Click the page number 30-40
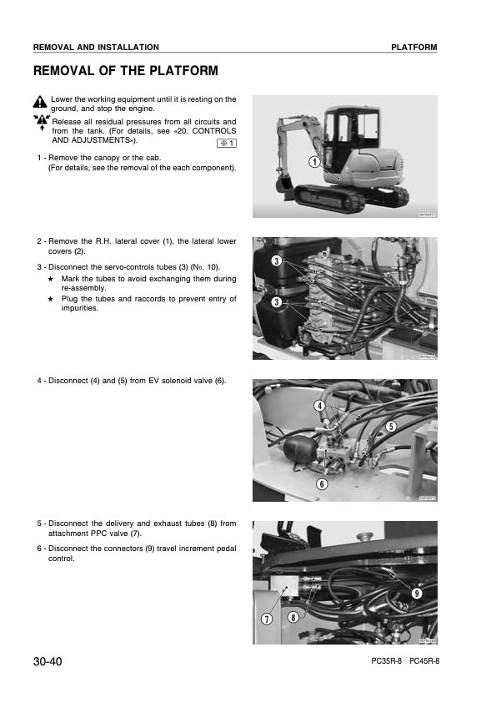(x=48, y=661)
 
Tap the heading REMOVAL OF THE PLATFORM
(x=126, y=71)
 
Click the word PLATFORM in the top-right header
(x=414, y=47)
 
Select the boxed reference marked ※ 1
(x=227, y=144)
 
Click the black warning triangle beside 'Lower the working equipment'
(x=40, y=102)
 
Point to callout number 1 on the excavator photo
(x=315, y=162)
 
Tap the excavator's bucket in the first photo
(x=283, y=185)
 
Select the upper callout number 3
(x=277, y=261)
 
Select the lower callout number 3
(x=277, y=302)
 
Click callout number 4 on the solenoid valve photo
(x=319, y=406)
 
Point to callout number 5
(x=391, y=426)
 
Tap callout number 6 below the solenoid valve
(x=322, y=483)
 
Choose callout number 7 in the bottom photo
(x=267, y=620)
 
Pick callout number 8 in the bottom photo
(x=293, y=617)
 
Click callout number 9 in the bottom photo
(x=417, y=594)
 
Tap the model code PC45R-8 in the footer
(x=424, y=661)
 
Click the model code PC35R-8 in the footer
(x=386, y=661)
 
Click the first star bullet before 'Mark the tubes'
(x=51, y=279)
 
